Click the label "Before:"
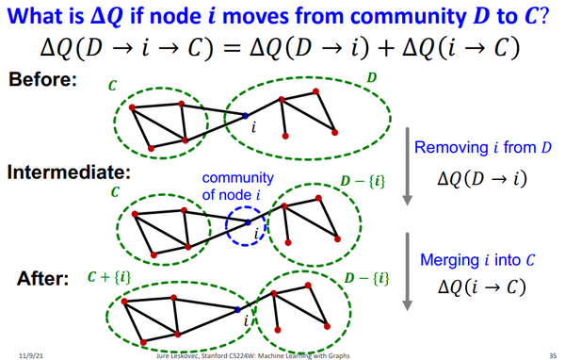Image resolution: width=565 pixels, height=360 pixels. pos(42,80)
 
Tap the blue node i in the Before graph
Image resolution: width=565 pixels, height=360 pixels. pos(245,116)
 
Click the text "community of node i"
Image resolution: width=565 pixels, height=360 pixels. pos(238,187)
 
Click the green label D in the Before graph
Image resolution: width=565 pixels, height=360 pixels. pos(370,74)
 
